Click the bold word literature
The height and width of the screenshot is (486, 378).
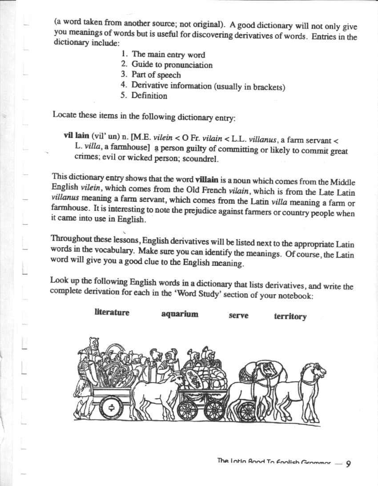(x=112, y=312)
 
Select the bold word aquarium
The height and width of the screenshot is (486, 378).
(x=179, y=314)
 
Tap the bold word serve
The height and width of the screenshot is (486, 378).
(x=238, y=316)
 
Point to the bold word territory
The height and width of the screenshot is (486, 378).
(x=290, y=316)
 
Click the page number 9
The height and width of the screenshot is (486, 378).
(x=348, y=464)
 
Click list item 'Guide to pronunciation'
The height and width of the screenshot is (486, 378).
(x=172, y=65)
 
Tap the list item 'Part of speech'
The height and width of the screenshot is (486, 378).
(x=156, y=75)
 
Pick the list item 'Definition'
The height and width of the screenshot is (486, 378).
(x=149, y=95)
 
